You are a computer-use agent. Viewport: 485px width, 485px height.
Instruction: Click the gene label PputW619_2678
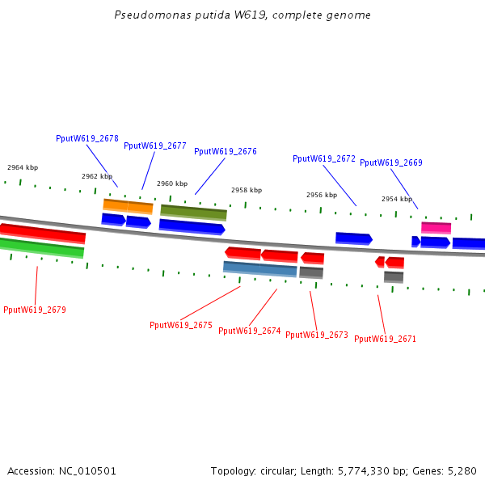[87, 138]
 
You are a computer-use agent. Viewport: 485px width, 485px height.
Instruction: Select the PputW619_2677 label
[155, 145]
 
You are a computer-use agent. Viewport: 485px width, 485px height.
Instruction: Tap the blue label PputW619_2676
[226, 152]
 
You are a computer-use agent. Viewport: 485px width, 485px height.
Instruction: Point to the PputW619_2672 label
[324, 158]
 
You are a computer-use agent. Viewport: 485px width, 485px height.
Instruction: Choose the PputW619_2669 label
[391, 162]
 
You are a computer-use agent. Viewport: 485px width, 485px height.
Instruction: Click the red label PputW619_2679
[35, 310]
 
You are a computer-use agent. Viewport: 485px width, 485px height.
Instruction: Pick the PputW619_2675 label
[181, 325]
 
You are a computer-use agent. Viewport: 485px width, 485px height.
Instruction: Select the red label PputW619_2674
[250, 331]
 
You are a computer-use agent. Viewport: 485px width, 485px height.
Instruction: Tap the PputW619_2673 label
[317, 335]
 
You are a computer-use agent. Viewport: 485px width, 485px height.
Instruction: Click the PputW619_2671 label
[385, 339]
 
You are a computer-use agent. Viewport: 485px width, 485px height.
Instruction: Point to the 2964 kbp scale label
[23, 167]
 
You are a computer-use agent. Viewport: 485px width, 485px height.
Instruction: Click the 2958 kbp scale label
[247, 190]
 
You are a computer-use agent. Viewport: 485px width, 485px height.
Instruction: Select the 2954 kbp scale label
[397, 199]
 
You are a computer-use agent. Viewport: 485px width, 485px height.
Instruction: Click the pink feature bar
[436, 228]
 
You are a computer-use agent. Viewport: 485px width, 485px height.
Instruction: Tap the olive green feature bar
[194, 213]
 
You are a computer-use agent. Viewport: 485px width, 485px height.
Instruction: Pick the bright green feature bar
[41, 248]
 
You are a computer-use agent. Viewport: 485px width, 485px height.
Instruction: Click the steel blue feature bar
[260, 269]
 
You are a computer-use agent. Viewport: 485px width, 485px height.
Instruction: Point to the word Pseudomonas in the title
[153, 15]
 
